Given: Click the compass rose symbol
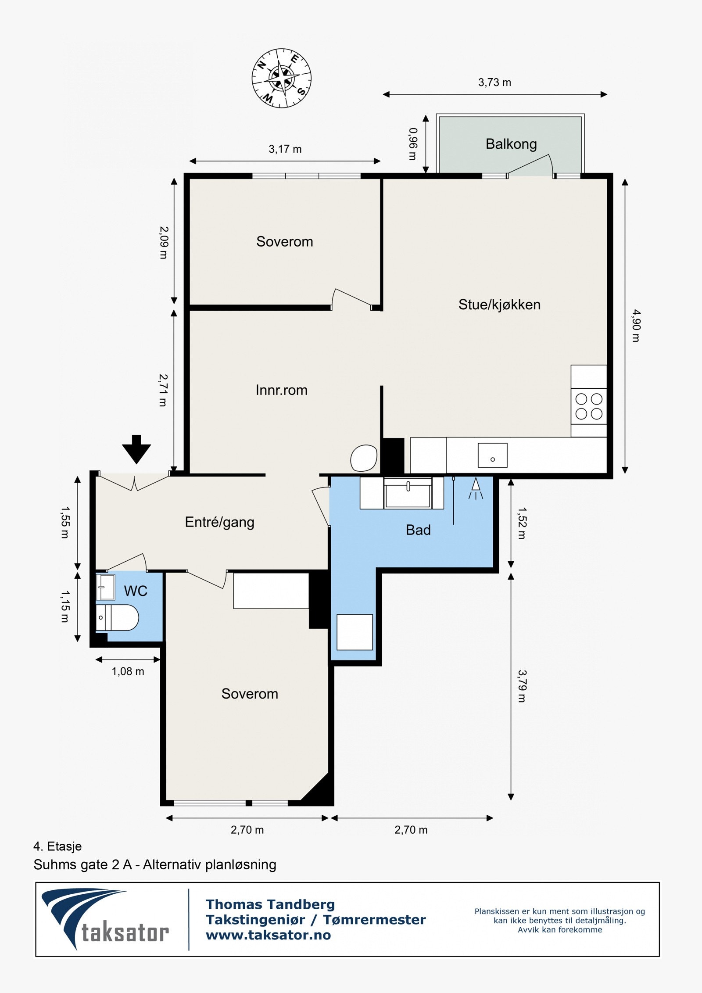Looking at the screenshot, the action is tap(281, 79).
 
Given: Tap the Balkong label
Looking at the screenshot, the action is tap(511, 144).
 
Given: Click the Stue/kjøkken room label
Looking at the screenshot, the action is tap(499, 305).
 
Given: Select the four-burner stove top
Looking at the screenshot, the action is tap(589, 406).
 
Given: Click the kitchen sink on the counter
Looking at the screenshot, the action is tap(492, 455).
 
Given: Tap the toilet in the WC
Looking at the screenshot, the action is tap(117, 617).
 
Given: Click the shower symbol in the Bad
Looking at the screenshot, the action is tap(476, 488).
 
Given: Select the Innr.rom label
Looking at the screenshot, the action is tap(281, 390).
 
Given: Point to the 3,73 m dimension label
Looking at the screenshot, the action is tap(494, 82).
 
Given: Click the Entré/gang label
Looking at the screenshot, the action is tap(219, 522).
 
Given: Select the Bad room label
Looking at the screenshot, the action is tap(418, 530).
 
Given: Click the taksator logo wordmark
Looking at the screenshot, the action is tap(125, 933).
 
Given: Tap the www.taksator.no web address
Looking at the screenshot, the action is tap(269, 935).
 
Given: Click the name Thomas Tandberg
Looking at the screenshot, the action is tap(270, 904).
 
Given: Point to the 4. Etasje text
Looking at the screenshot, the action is tap(57, 846).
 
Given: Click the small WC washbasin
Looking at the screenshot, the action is tap(105, 587).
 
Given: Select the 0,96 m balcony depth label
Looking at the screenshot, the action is tap(413, 144).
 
